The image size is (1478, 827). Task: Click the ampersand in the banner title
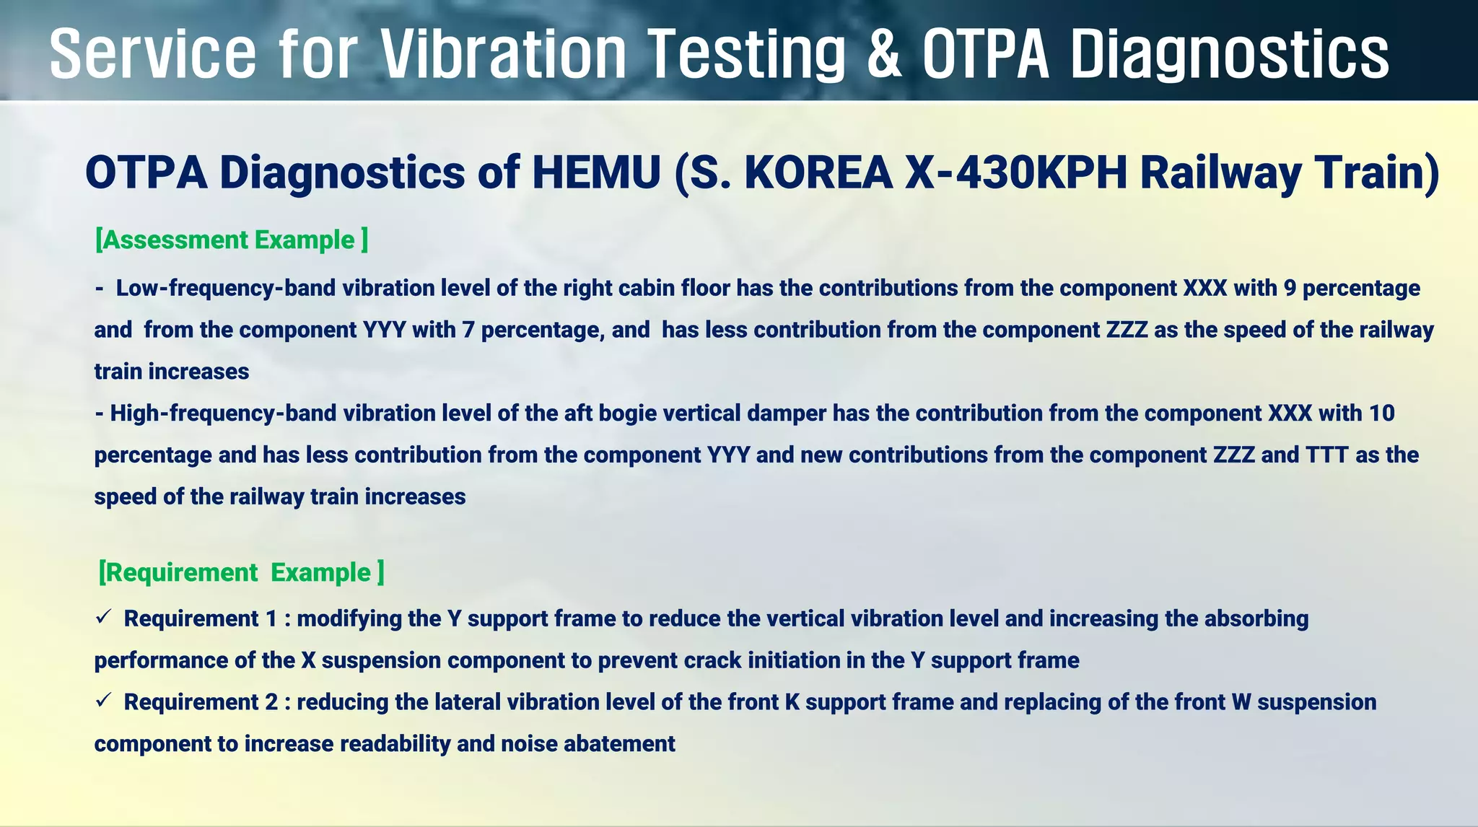884,54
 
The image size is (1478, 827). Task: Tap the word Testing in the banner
746,54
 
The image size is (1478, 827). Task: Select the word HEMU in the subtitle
596,173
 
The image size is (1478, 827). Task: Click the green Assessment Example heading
232,240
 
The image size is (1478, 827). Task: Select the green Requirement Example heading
241,572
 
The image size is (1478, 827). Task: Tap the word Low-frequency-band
226,288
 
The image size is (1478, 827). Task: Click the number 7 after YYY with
468,330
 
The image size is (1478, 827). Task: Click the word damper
787,413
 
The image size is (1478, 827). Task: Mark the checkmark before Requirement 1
102,617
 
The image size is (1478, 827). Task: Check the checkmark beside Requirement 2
102,700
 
